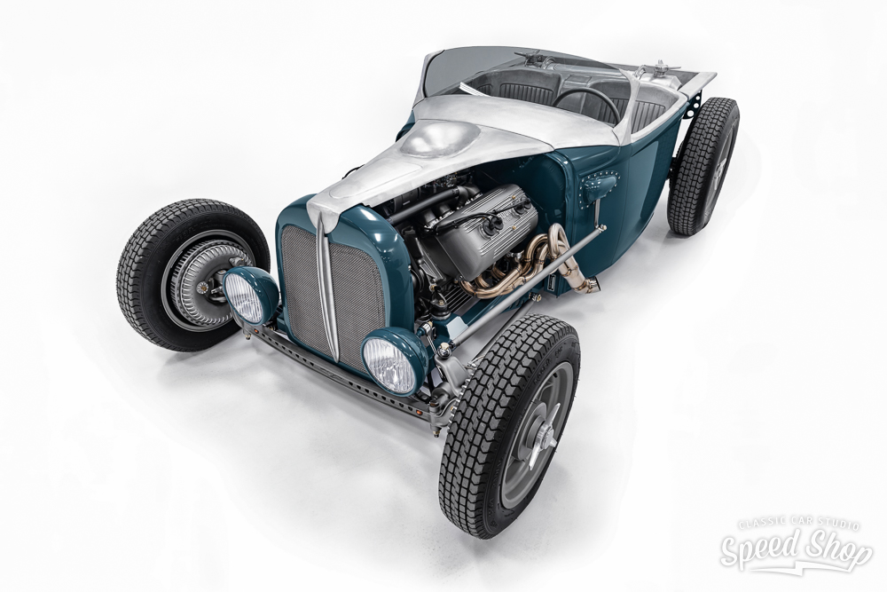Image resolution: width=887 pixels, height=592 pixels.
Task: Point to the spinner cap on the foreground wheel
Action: pyautogui.click(x=544, y=437)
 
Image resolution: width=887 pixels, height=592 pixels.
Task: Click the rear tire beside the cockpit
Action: pyautogui.click(x=703, y=166)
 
